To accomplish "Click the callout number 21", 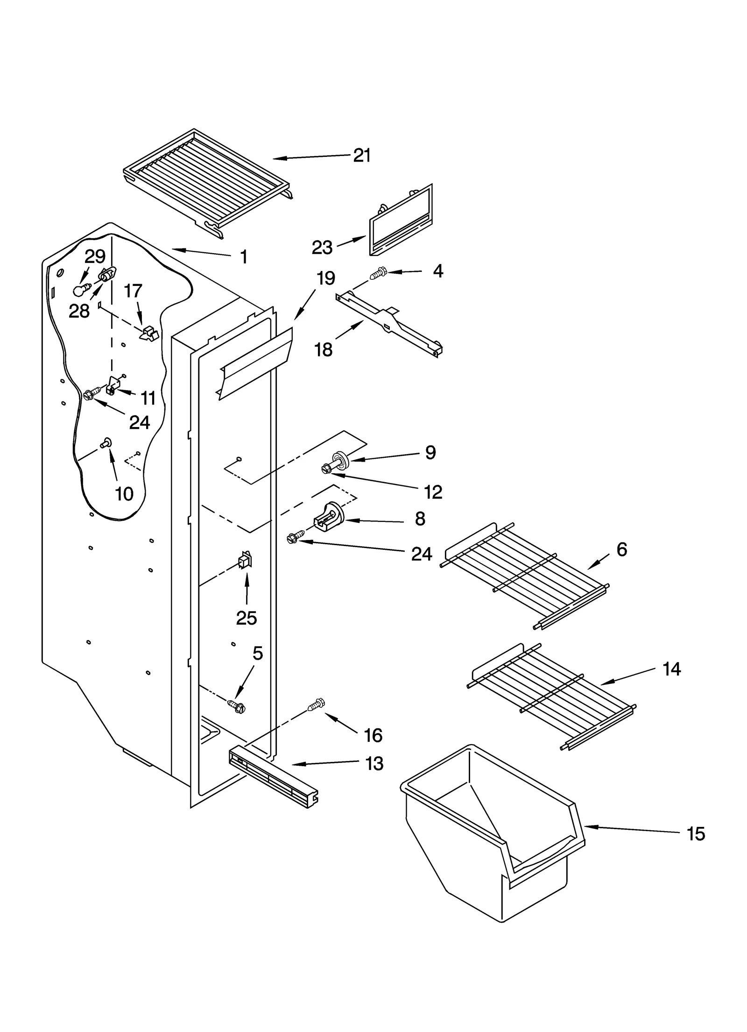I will point(362,156).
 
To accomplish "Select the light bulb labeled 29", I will point(80,291).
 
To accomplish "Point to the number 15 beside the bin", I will point(695,833).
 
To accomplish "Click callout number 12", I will point(433,492).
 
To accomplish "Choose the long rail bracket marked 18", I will point(390,322).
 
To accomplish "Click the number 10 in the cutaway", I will point(124,494).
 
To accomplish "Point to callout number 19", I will point(325,278).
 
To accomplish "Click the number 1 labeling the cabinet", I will point(243,257).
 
